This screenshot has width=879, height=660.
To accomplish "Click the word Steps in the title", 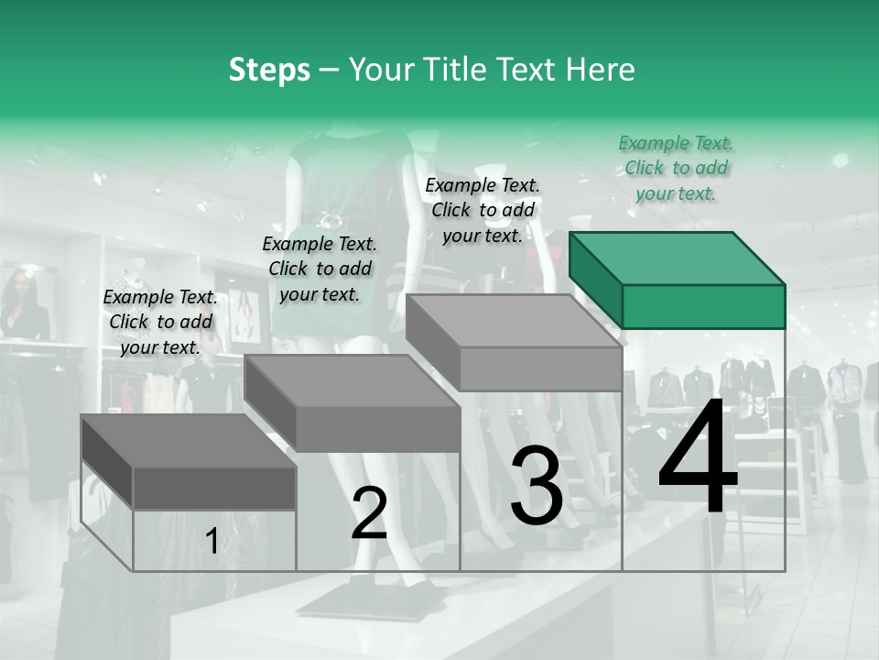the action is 269,71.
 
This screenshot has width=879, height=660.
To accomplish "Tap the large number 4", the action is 698,455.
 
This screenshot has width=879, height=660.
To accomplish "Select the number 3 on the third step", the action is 537,485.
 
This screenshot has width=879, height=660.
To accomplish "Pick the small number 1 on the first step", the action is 212,541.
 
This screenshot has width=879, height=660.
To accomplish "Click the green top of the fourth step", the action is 678,258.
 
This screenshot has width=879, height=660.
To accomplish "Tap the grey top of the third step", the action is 514,321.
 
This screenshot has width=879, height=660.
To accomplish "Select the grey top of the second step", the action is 353,381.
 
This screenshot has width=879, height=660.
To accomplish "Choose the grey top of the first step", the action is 189,441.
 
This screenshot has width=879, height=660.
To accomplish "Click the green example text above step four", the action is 676,169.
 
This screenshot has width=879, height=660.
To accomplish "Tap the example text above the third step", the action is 483,211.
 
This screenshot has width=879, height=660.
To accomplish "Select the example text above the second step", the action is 320,269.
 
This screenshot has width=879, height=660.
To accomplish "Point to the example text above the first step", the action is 160,322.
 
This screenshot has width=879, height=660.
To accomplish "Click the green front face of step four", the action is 703,307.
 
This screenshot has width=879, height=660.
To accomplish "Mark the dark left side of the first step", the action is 107,462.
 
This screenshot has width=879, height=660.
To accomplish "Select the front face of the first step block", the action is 214,489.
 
